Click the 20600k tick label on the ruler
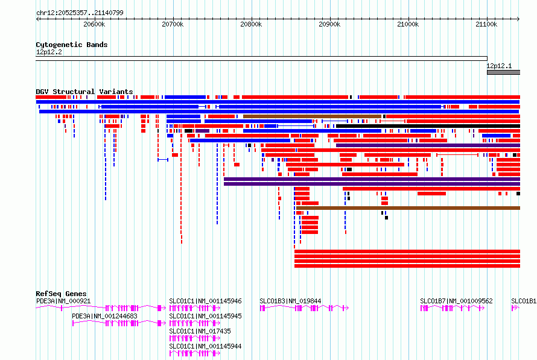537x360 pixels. (x=94, y=24)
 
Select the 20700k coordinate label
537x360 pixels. (x=173, y=24)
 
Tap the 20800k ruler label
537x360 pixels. (x=251, y=24)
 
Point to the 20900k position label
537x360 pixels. (x=329, y=24)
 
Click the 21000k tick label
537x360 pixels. (x=408, y=24)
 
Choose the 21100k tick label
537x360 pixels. (x=486, y=24)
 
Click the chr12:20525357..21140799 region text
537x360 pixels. (x=80, y=13)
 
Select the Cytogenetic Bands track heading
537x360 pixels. (x=72, y=45)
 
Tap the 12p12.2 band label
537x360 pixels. (x=49, y=52)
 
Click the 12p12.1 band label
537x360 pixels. (x=499, y=66)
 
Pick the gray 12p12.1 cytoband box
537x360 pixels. (x=503, y=72)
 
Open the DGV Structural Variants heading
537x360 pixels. (x=84, y=92)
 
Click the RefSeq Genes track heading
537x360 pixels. (x=61, y=294)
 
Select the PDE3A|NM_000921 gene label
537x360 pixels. (x=63, y=301)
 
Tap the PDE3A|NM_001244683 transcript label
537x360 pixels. (x=104, y=316)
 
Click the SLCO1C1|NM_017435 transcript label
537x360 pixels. (x=200, y=331)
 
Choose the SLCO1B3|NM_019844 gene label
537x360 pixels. (x=290, y=301)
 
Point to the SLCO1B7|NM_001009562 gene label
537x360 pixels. (x=456, y=301)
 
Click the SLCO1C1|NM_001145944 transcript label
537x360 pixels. (x=205, y=346)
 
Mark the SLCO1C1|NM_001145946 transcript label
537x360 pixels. (x=205, y=301)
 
